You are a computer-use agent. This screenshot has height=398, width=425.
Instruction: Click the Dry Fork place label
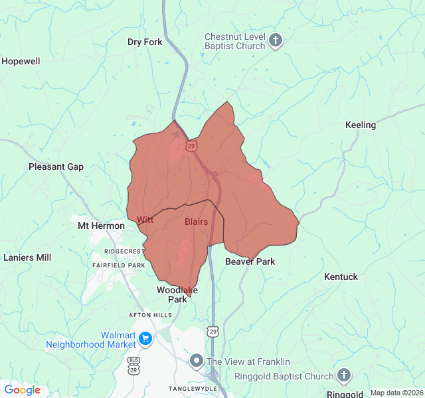point(145,42)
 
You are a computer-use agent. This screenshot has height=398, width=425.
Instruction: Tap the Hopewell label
point(21,61)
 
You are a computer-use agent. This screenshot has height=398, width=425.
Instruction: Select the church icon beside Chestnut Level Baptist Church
point(276,42)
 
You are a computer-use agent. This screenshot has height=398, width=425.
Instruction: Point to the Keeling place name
point(361,125)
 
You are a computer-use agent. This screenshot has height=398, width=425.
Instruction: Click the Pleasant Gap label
point(56,166)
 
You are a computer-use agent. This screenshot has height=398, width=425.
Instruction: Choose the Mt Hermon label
point(101,226)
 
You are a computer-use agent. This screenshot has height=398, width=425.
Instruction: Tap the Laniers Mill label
point(27,257)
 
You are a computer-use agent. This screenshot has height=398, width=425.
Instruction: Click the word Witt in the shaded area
point(145,219)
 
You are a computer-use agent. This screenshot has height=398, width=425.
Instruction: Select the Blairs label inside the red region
point(196,222)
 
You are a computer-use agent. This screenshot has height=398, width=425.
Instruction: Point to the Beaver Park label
point(250,261)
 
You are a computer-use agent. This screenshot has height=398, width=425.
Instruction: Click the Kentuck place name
point(341,277)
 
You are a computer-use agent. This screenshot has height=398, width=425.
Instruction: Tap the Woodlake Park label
point(177,295)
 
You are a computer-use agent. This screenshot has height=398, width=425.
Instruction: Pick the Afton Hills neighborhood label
point(150,315)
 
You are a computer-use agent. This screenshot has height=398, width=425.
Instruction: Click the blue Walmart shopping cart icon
point(145,340)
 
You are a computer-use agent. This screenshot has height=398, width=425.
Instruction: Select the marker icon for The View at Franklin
point(196,362)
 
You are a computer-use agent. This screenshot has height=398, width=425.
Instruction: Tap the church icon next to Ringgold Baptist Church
point(344,376)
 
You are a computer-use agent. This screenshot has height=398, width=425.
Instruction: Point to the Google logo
point(22,390)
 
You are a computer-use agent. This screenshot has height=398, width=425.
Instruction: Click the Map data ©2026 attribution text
point(396,393)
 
